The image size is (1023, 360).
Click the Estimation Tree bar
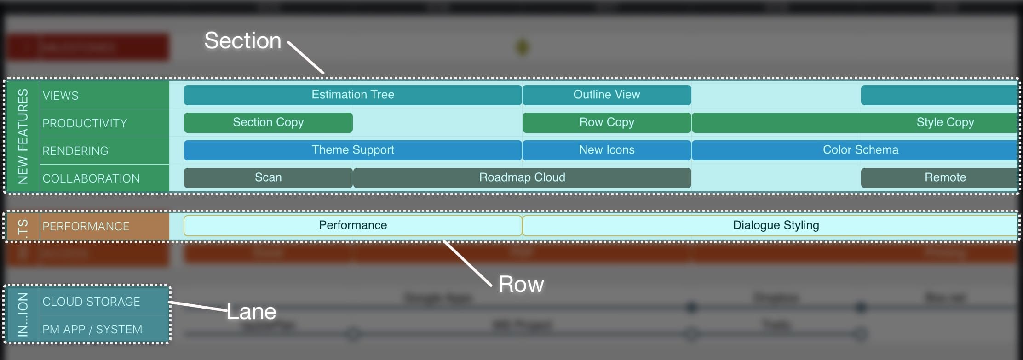tap(353, 95)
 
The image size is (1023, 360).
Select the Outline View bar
tap(606, 95)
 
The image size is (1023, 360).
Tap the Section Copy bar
tap(268, 122)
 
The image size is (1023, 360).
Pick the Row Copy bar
tap(606, 122)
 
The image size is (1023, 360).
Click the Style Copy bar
tap(945, 122)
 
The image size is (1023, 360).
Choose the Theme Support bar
tap(353, 150)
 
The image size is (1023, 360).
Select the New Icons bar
tap(606, 150)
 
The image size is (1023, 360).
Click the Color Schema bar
tap(860, 150)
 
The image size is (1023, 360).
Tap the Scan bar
tap(268, 177)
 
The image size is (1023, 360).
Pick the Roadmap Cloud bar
tap(522, 177)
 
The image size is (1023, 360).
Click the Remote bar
tap(945, 177)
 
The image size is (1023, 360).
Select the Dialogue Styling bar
tap(776, 225)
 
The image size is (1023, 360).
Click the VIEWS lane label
tap(61, 96)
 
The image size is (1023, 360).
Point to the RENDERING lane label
tap(75, 151)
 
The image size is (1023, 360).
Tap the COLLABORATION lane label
tap(91, 178)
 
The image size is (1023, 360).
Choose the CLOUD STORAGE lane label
tap(91, 302)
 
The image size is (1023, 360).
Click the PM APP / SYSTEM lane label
tap(92, 329)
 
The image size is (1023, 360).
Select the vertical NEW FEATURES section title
tap(23, 136)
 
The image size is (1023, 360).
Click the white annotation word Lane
tap(252, 312)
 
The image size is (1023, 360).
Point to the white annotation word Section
tap(242, 40)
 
